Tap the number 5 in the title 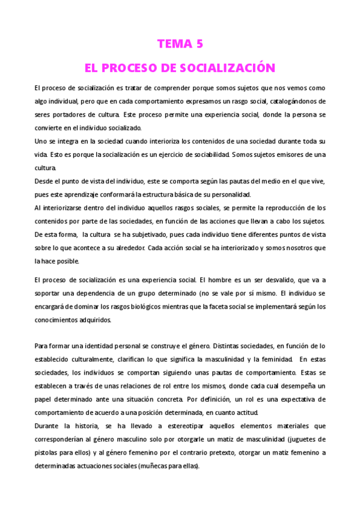(x=200, y=43)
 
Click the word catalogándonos (x=297, y=101)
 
